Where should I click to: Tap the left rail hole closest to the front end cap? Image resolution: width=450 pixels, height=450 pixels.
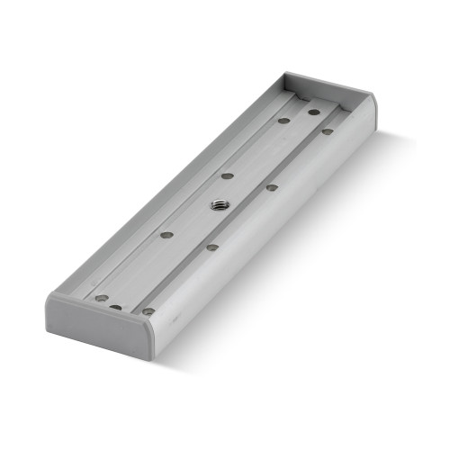(x=102, y=298)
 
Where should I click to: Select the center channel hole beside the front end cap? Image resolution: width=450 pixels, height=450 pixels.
(x=116, y=307)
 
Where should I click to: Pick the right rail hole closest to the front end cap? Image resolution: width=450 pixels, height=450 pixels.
(x=148, y=310)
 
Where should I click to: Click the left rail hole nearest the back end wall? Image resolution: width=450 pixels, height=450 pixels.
(x=283, y=120)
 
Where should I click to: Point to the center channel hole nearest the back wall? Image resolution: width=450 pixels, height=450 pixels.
(x=314, y=112)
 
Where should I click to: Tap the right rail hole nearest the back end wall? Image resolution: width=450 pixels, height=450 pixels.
(x=328, y=131)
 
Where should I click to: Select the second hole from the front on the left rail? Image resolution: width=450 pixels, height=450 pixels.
(x=166, y=234)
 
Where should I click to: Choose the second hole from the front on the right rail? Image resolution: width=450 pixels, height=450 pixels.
(x=212, y=247)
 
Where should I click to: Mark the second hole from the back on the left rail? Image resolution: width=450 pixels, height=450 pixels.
(x=227, y=175)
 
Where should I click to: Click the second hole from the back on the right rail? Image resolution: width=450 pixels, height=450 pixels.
(x=271, y=188)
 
